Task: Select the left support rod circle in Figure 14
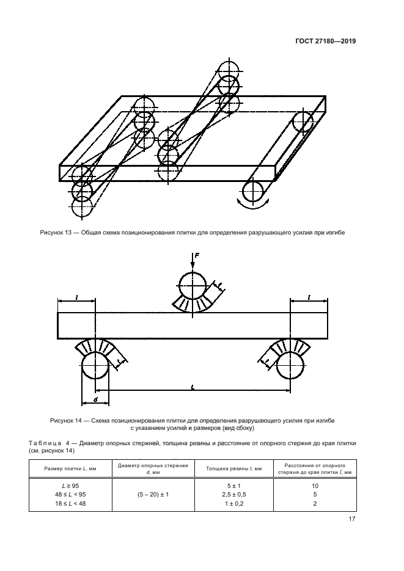click(95, 368)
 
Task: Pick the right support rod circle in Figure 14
click(290, 368)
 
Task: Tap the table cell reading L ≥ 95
click(62, 485)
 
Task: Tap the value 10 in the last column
click(315, 485)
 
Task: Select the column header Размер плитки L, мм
click(62, 468)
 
